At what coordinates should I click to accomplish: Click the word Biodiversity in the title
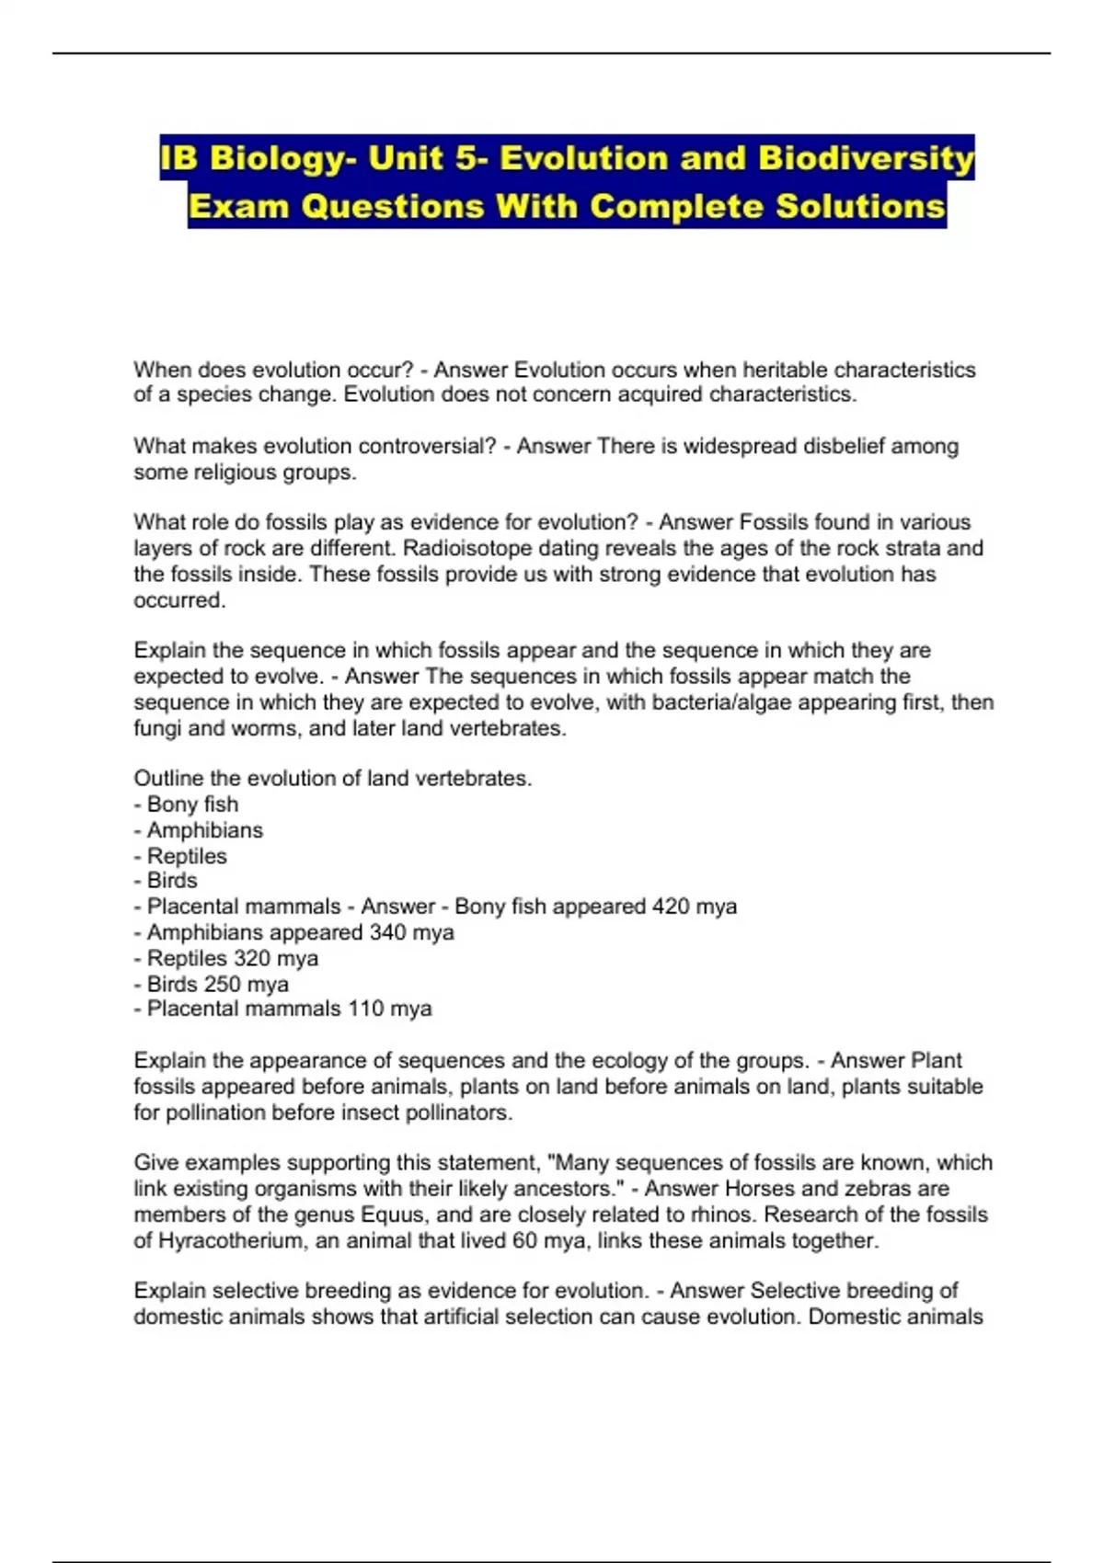[866, 159]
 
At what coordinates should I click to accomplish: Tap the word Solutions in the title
[860, 206]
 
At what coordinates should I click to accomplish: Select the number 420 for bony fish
[671, 907]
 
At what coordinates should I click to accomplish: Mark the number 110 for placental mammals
[365, 1009]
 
